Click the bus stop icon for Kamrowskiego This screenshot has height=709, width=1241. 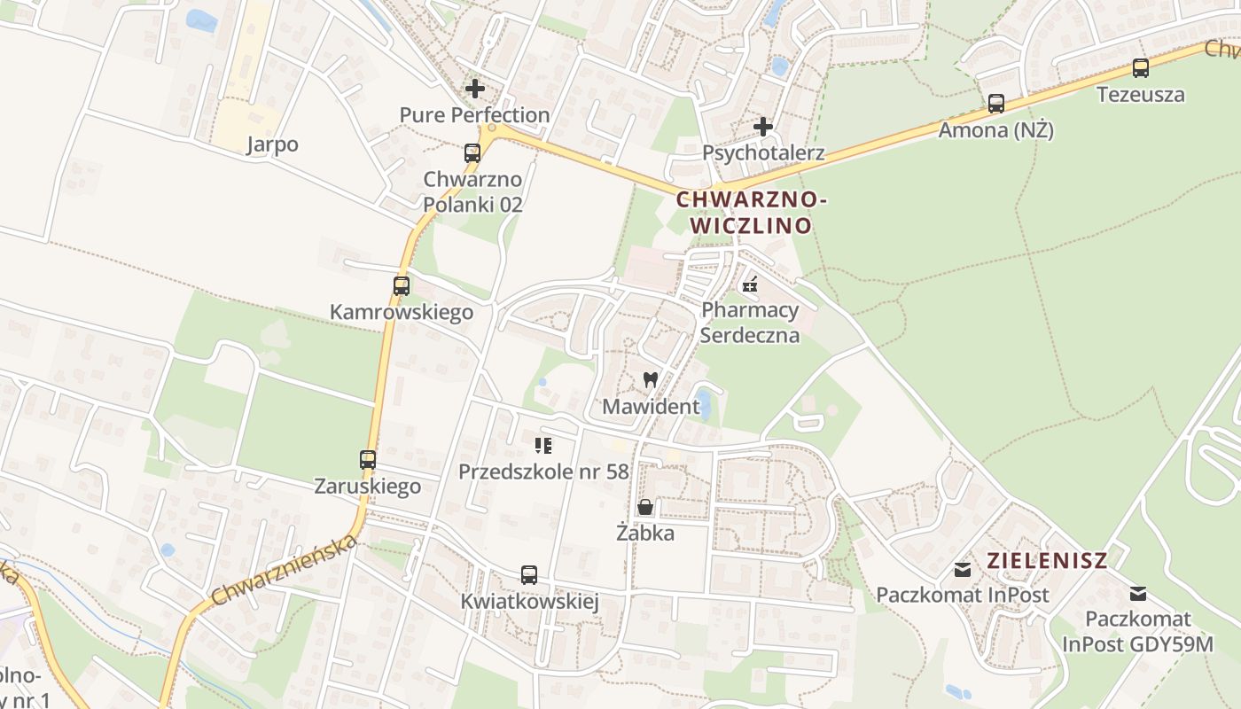pyautogui.click(x=402, y=286)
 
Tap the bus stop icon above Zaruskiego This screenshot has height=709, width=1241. pyautogui.click(x=368, y=460)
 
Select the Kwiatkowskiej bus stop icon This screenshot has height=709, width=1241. pyautogui.click(x=529, y=575)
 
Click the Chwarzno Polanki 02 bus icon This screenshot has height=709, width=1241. pyautogui.click(x=472, y=153)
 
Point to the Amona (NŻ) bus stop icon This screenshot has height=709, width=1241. pyautogui.click(x=996, y=104)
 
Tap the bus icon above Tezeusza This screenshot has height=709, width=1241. pyautogui.click(x=1141, y=68)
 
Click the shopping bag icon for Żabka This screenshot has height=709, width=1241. pyautogui.click(x=645, y=507)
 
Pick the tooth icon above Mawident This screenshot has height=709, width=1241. pyautogui.click(x=650, y=380)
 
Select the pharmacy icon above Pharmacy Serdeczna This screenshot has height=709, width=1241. pyautogui.click(x=750, y=284)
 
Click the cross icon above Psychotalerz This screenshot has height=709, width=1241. pyautogui.click(x=762, y=127)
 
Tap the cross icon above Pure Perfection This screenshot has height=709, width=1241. pyautogui.click(x=475, y=89)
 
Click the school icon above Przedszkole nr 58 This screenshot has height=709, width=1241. pyautogui.click(x=543, y=445)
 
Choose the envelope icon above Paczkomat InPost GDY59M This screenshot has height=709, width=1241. pyautogui.click(x=1138, y=593)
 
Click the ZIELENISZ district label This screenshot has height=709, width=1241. pyautogui.click(x=1047, y=560)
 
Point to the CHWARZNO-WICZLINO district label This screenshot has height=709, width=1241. pyautogui.click(x=752, y=213)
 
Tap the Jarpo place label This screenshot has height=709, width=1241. pyautogui.click(x=272, y=144)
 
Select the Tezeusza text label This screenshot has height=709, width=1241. pyautogui.click(x=1141, y=94)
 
